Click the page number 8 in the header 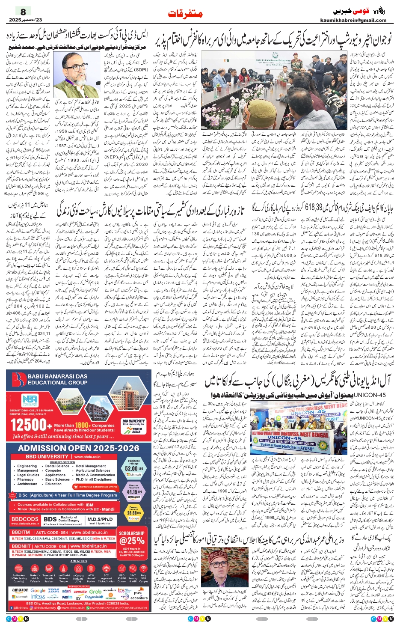click(x=23, y=12)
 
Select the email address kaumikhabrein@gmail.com click(x=353, y=20)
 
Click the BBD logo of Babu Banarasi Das click(x=19, y=380)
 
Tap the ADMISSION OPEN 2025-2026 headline click(x=79, y=448)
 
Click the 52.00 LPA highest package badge click(x=134, y=468)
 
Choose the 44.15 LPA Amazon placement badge click(x=134, y=492)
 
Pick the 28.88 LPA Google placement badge click(x=134, y=512)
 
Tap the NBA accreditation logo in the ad click(x=30, y=400)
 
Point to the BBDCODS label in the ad click(x=25, y=519)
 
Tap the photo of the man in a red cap click(x=219, y=567)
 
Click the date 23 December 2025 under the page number click(x=25, y=20)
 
